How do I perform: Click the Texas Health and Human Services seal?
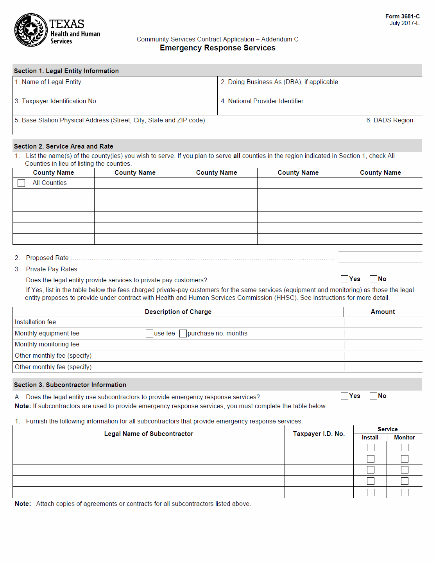coord(31,30)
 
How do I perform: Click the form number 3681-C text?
coord(402,16)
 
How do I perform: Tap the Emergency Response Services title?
coord(217,48)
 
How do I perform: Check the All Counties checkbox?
coord(21,183)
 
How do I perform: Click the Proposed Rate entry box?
coord(380,257)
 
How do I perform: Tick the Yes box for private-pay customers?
coord(344,279)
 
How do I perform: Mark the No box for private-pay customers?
coord(373,279)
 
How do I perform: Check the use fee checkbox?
coord(149,333)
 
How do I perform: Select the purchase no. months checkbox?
coord(183,333)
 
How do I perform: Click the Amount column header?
coord(383,312)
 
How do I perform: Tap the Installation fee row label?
coord(36,322)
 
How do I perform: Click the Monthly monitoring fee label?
coord(47,344)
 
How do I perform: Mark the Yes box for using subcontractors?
coord(344,396)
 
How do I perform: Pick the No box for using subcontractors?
coord(373,396)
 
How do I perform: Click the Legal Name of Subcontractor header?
coord(149,434)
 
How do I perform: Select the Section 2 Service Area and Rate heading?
coord(64,146)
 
